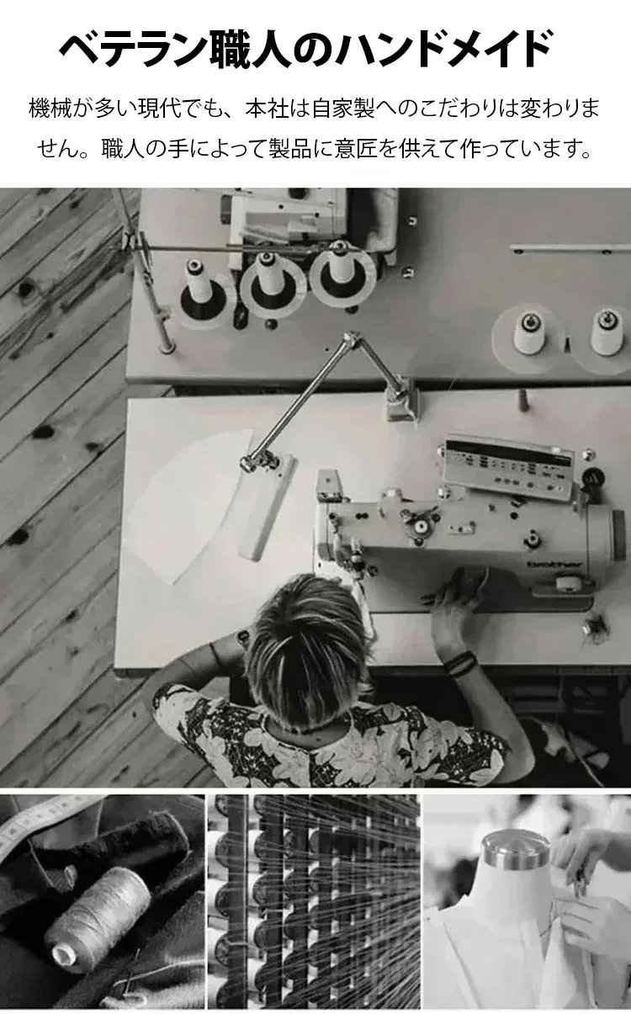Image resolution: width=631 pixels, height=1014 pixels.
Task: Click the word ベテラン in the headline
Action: [x=135, y=49]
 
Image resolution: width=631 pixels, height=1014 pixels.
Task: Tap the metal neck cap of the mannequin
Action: [x=516, y=850]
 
